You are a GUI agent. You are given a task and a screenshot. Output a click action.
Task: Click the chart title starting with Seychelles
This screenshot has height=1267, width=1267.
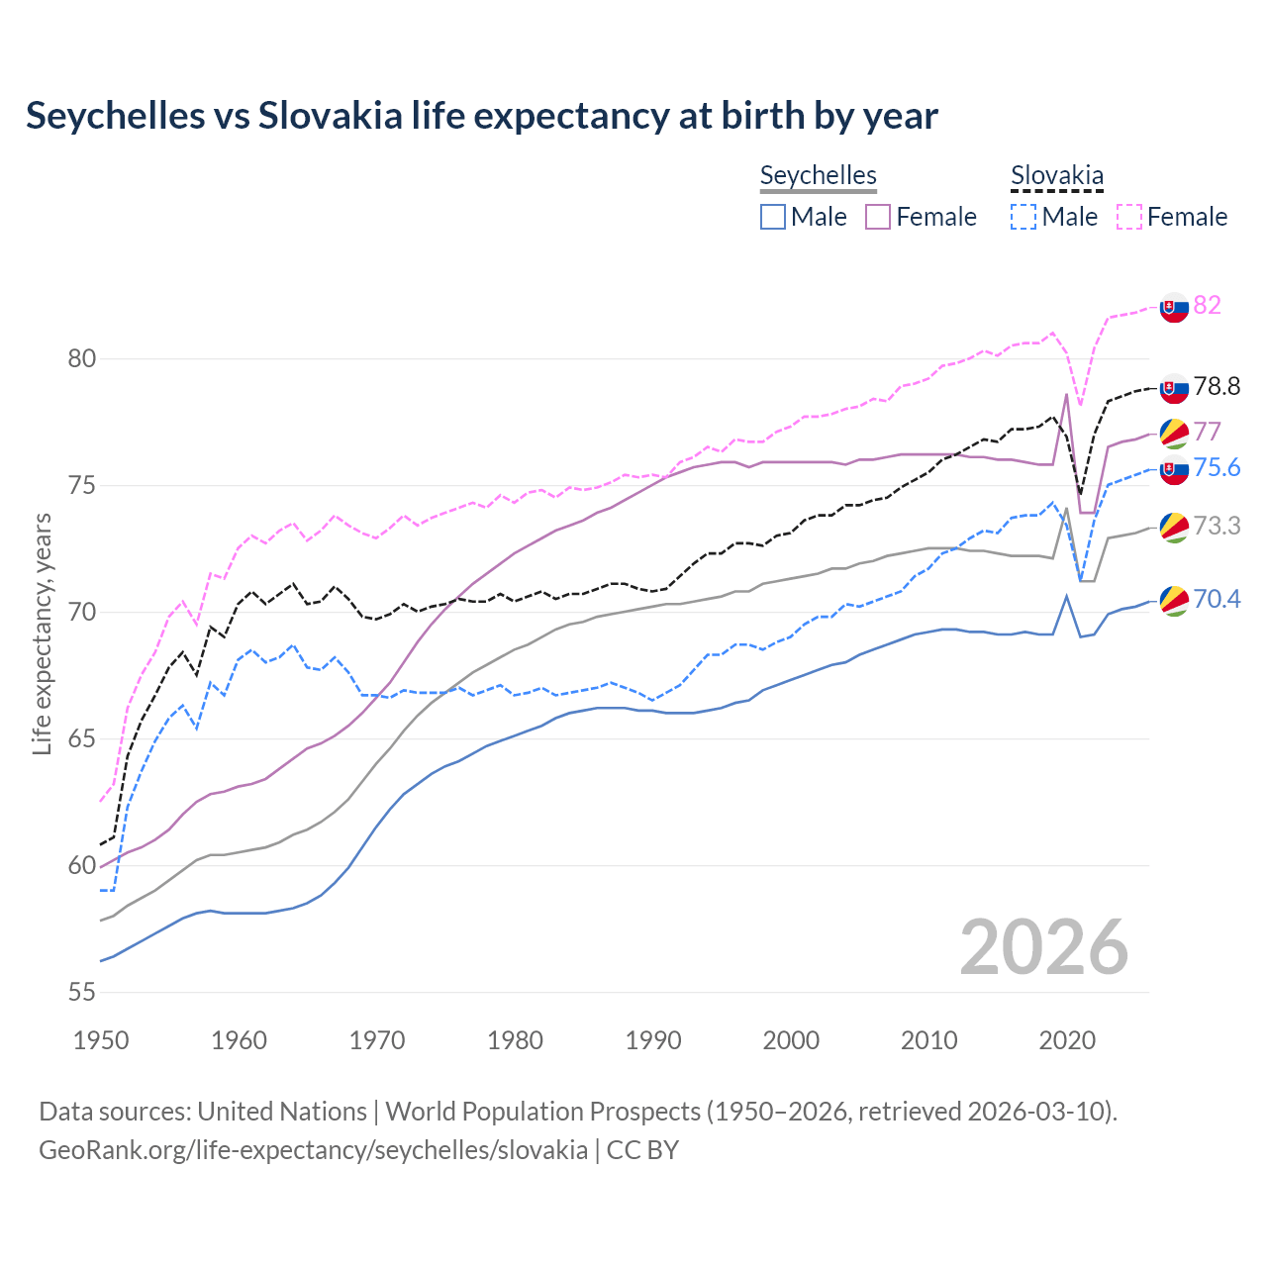coord(481,116)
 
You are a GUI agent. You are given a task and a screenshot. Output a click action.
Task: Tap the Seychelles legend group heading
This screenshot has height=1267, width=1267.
coord(818,176)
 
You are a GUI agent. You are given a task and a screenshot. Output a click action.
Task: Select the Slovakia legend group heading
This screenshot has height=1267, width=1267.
coord(1056,176)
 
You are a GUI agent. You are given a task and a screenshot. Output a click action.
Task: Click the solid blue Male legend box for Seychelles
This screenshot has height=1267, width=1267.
coord(773,217)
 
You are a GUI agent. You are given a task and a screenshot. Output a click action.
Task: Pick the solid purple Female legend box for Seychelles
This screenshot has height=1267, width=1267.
coord(878,217)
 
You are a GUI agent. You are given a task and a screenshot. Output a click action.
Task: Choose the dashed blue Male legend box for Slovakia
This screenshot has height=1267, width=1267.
coord(1023,217)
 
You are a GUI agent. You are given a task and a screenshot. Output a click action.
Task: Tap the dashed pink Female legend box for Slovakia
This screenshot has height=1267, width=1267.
coord(1129,217)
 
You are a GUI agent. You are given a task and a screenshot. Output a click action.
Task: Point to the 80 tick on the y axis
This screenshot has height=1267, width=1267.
coord(81,358)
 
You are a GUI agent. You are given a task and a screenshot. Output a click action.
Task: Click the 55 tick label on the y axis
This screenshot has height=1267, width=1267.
coord(81,992)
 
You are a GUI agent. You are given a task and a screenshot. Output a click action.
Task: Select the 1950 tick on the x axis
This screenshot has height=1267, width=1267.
coord(101,1040)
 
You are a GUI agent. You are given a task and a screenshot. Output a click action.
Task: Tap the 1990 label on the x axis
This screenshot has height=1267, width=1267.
coord(653,1040)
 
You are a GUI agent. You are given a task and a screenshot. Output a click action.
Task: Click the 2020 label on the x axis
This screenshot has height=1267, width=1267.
coord(1067,1040)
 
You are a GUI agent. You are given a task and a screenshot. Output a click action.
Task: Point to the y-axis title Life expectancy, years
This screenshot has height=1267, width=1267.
coord(42,633)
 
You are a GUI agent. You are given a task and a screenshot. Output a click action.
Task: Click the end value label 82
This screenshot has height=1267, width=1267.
coord(1207,305)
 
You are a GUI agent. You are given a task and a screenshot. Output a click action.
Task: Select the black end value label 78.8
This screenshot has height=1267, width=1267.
coord(1216,386)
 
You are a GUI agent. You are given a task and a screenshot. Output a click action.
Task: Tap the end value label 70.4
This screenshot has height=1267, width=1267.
coord(1216,599)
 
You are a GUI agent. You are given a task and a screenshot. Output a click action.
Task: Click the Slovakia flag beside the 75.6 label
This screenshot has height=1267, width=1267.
coord(1174,470)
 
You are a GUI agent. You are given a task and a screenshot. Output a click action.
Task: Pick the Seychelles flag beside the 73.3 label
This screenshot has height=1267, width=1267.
coord(1174,527)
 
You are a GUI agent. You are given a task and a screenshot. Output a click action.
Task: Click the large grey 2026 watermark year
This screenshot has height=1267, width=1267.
coord(1043,947)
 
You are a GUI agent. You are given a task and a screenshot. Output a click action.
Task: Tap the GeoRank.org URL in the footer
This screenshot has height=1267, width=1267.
coord(313,1150)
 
